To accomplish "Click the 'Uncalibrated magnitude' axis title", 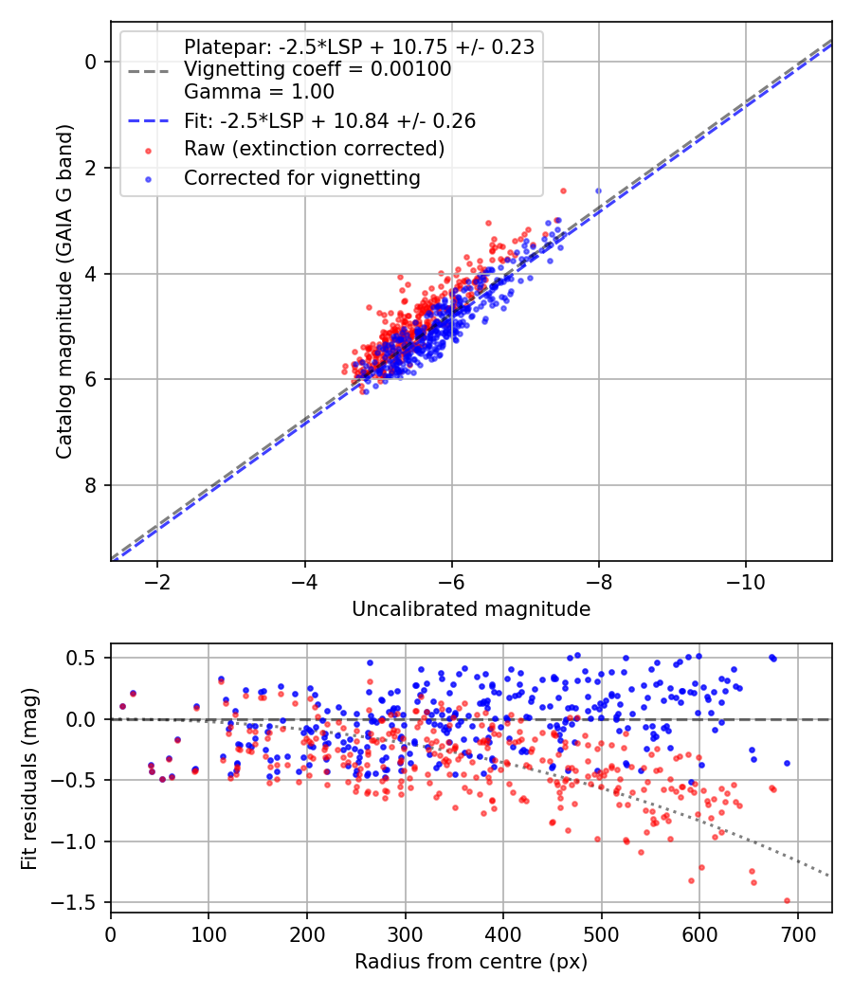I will coord(471,609).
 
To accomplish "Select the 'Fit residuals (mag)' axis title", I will coord(30,778).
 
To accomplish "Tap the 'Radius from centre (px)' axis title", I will coord(471,962).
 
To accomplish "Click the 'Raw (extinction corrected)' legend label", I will coord(314,149).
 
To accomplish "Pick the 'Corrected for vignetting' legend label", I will coord(301,177).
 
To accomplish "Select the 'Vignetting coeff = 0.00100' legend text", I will coord(318,69).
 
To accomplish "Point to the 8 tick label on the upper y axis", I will coord(92,486).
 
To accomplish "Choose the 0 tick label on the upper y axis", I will coord(92,63).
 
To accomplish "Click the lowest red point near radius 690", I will coord(787,901).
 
